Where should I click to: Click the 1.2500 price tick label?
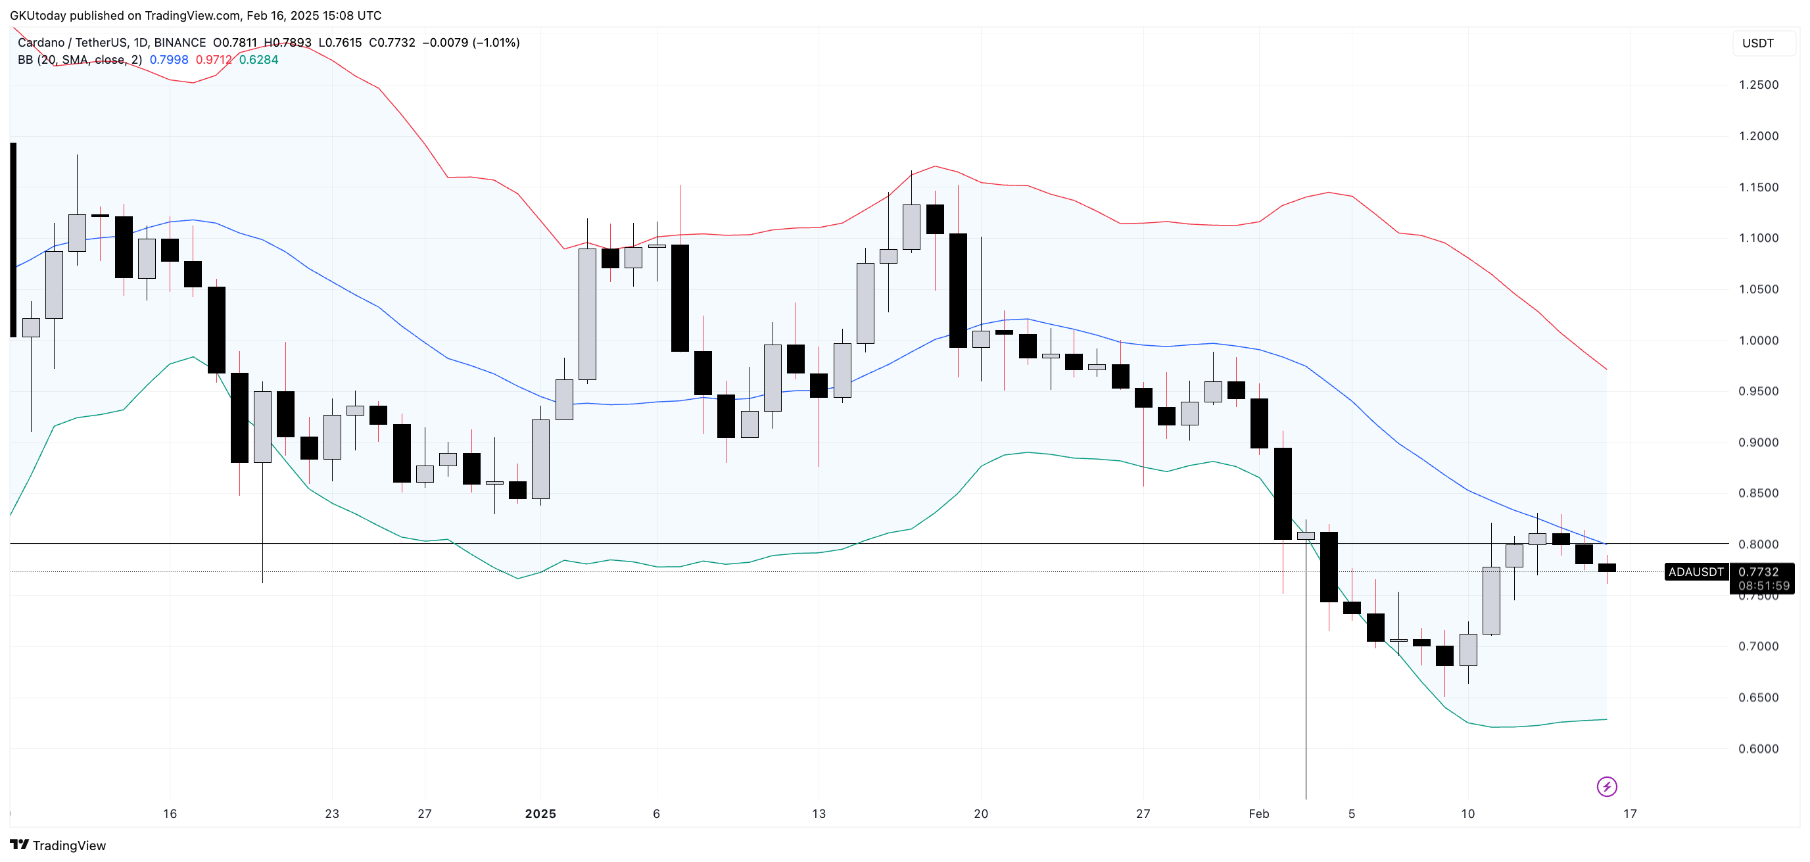tap(1758, 85)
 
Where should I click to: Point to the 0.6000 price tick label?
tap(1758, 749)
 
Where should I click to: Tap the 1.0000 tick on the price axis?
tap(1758, 341)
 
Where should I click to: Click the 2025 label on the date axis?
tap(540, 813)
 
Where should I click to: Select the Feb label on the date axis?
tap(1258, 813)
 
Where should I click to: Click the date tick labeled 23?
tap(331, 813)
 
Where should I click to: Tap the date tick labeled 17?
tap(1629, 813)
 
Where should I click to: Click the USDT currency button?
tap(1757, 43)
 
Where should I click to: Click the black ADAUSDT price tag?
tap(1696, 572)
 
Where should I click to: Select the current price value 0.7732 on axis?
tap(1758, 572)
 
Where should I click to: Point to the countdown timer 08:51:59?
tap(1763, 586)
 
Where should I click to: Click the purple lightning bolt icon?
tap(1606, 786)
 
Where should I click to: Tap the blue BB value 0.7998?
tap(168, 60)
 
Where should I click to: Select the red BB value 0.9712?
tap(214, 60)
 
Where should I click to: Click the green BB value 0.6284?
tap(258, 60)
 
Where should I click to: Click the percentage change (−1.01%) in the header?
tap(496, 43)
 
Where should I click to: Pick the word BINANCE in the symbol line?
tap(180, 43)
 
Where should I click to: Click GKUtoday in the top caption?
tap(38, 16)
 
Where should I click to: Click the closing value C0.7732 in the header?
tap(392, 43)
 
